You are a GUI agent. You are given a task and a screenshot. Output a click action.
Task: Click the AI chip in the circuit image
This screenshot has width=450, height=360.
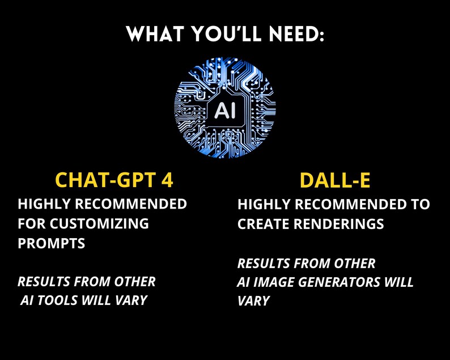pyautogui.click(x=225, y=110)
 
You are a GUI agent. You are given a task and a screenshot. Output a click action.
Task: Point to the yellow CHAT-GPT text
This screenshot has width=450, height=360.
pyautogui.click(x=103, y=180)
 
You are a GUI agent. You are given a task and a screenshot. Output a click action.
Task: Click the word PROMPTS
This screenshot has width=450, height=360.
pyautogui.click(x=52, y=243)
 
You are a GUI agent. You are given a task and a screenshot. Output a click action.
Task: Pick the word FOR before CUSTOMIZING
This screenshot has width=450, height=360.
pyautogui.click(x=31, y=223)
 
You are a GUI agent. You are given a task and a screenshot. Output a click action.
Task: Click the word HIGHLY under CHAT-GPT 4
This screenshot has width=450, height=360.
pyautogui.click(x=42, y=204)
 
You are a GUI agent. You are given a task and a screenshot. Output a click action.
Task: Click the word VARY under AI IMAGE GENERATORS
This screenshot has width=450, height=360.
pyautogui.click(x=253, y=300)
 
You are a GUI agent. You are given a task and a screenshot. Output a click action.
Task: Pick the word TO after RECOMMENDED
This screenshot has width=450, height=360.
pyautogui.click(x=420, y=204)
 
